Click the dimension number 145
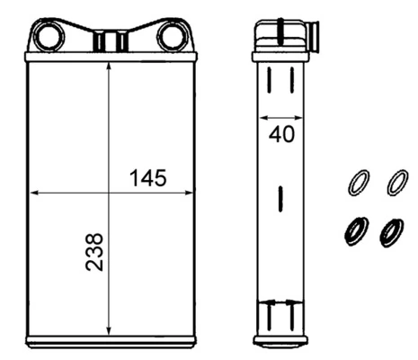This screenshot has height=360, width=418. pos(147,177)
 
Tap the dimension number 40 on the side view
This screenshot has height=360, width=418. pos(282,135)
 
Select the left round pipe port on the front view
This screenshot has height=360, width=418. pos(47,37)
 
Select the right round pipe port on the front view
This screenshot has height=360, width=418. pos(171,37)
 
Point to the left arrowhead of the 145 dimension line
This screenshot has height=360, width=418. pos(36,192)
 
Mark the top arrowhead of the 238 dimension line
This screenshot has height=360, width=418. pos(109,71)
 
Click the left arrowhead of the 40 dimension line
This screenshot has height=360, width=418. pos(262,117)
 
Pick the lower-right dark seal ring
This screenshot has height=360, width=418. pos(392,232)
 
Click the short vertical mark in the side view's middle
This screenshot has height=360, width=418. pos(281,195)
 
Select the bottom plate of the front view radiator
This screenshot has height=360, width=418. pos(110,341)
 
